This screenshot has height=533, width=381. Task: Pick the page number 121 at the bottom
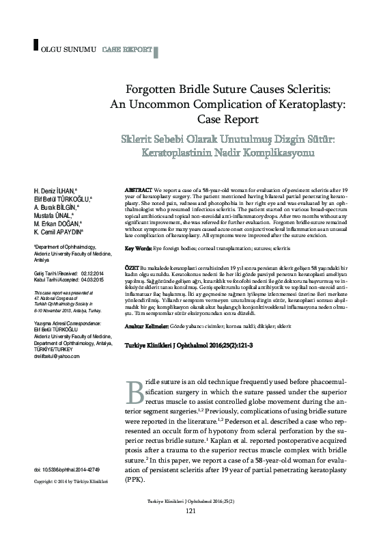[190, 511]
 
